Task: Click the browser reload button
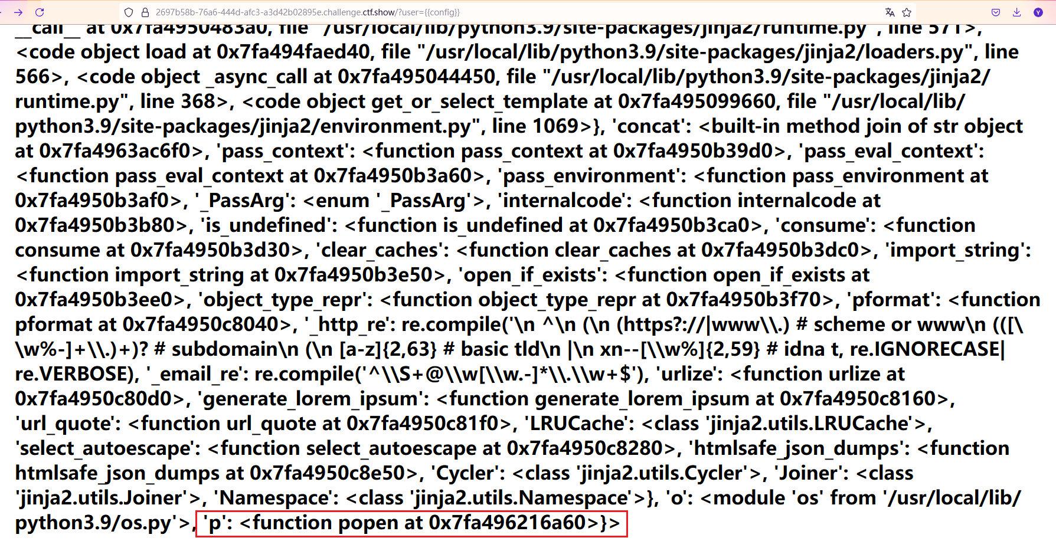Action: coord(40,12)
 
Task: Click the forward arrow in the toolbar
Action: coord(18,12)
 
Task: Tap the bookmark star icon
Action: coord(907,12)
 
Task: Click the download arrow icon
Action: coord(1016,12)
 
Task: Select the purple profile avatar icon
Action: coord(1038,12)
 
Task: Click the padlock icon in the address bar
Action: coord(145,12)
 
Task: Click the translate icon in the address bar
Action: coord(890,12)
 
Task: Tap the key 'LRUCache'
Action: coord(576,424)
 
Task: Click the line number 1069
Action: coord(555,126)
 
